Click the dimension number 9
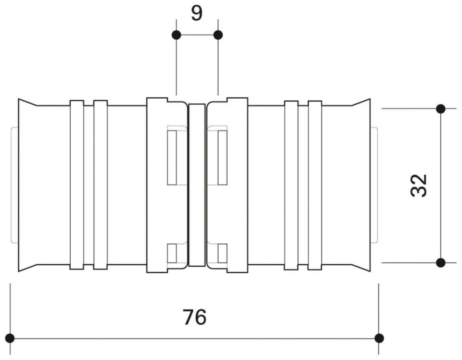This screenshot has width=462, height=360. click(197, 14)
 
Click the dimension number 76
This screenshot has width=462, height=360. click(195, 317)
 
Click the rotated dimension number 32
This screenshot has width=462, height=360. click(419, 186)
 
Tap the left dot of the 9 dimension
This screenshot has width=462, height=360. click(176, 35)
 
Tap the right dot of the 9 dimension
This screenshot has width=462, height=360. click(218, 35)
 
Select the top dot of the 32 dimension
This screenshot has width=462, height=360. click(440, 109)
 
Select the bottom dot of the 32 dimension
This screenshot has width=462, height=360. click(440, 263)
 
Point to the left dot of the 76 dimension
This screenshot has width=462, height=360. click(10, 338)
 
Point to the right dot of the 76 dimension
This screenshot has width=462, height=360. click(379, 338)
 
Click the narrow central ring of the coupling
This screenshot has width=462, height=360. click(196, 185)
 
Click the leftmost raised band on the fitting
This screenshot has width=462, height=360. click(77, 185)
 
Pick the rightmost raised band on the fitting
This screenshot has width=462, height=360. click(315, 185)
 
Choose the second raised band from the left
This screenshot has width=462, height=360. click(101, 185)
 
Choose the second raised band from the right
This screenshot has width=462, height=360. click(291, 185)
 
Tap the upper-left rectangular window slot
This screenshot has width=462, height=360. click(172, 157)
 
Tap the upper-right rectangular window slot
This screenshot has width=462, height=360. click(222, 157)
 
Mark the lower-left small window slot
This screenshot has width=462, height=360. click(172, 253)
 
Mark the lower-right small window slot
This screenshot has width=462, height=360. click(222, 253)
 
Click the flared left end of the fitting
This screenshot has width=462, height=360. click(27, 185)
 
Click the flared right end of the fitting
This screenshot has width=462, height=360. click(361, 185)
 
